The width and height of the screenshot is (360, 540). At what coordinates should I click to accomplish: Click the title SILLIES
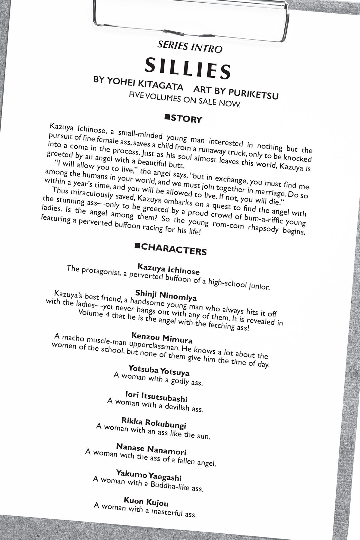coord(188,68)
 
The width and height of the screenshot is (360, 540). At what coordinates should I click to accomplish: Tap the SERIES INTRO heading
coord(190,47)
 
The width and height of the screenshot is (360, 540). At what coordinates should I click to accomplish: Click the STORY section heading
coord(186,119)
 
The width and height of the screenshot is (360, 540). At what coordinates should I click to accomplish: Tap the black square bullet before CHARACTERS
coord(137,246)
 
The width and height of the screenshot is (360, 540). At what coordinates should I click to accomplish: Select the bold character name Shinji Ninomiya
coord(166,295)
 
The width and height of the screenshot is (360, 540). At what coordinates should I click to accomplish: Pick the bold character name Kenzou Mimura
coord(162,338)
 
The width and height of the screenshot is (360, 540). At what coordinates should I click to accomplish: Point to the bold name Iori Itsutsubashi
coord(156,396)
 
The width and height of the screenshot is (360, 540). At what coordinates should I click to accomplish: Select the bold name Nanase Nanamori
coord(151,449)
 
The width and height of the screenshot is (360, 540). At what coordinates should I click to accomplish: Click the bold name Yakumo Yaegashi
coord(149,475)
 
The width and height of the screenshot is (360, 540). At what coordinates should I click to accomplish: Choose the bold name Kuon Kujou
coord(146,502)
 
